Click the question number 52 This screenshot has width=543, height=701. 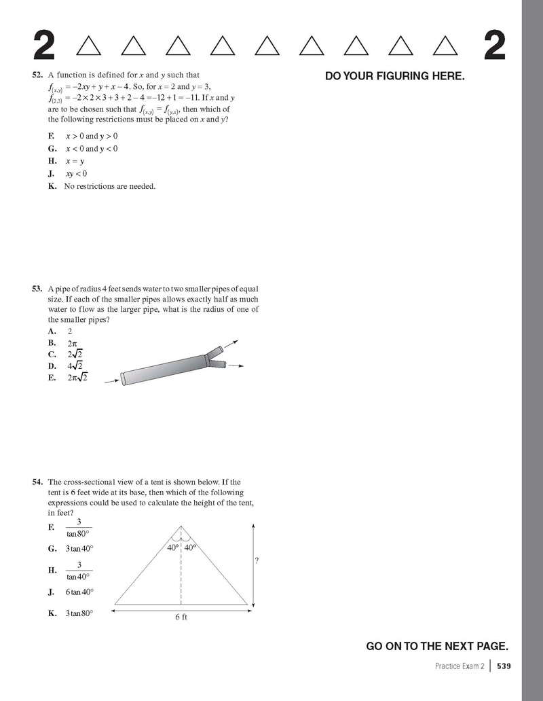(x=38, y=75)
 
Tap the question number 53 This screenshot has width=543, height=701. (x=38, y=289)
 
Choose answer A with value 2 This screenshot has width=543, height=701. (x=70, y=331)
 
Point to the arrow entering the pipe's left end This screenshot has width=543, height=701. (x=112, y=382)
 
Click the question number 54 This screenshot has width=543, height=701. (x=38, y=482)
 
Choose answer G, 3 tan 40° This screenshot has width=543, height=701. (x=79, y=548)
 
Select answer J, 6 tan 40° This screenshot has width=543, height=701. (x=79, y=592)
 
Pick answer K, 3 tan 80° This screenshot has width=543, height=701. (x=79, y=613)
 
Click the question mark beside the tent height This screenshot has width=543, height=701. (x=257, y=561)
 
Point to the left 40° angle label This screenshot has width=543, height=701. (x=172, y=547)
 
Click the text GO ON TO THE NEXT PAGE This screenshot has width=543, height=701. (x=437, y=646)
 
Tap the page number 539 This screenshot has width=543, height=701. (x=503, y=666)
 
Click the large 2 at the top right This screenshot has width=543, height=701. (x=495, y=46)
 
